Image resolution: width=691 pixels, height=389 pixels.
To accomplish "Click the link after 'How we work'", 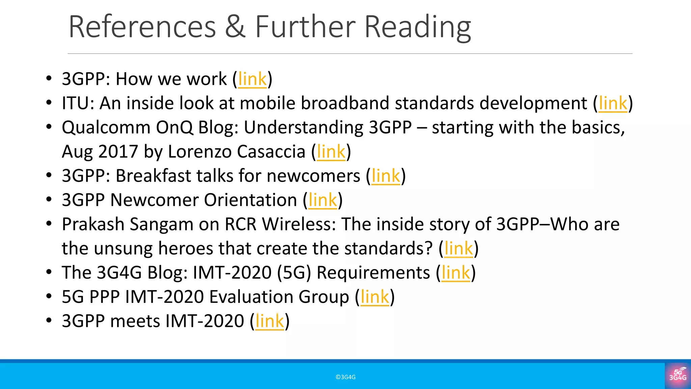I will click(x=252, y=79).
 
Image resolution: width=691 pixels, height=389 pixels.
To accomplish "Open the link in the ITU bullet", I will click(x=613, y=103).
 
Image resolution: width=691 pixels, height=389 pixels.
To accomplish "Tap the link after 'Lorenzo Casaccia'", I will click(x=331, y=152).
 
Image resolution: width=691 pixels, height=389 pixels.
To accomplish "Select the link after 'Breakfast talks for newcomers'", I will click(x=386, y=176).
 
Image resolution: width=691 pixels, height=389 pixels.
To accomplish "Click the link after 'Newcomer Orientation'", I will click(x=323, y=200).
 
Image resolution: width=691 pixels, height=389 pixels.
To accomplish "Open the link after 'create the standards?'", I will click(x=459, y=249).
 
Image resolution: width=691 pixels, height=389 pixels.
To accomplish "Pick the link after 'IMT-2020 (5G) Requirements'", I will click(x=455, y=273).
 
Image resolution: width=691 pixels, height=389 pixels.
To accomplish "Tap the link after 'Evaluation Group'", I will click(x=375, y=297).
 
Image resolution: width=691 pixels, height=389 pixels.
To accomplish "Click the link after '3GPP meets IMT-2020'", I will click(x=270, y=321).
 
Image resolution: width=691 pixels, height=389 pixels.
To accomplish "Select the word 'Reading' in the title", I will click(x=417, y=28).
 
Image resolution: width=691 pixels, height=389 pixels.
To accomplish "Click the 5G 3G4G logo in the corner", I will click(x=678, y=375).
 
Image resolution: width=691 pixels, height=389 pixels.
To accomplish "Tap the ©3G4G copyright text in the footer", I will click(x=345, y=377).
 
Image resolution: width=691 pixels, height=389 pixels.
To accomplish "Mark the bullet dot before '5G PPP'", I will click(x=49, y=296).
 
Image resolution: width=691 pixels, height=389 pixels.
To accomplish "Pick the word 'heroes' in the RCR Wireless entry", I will click(x=185, y=249).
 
